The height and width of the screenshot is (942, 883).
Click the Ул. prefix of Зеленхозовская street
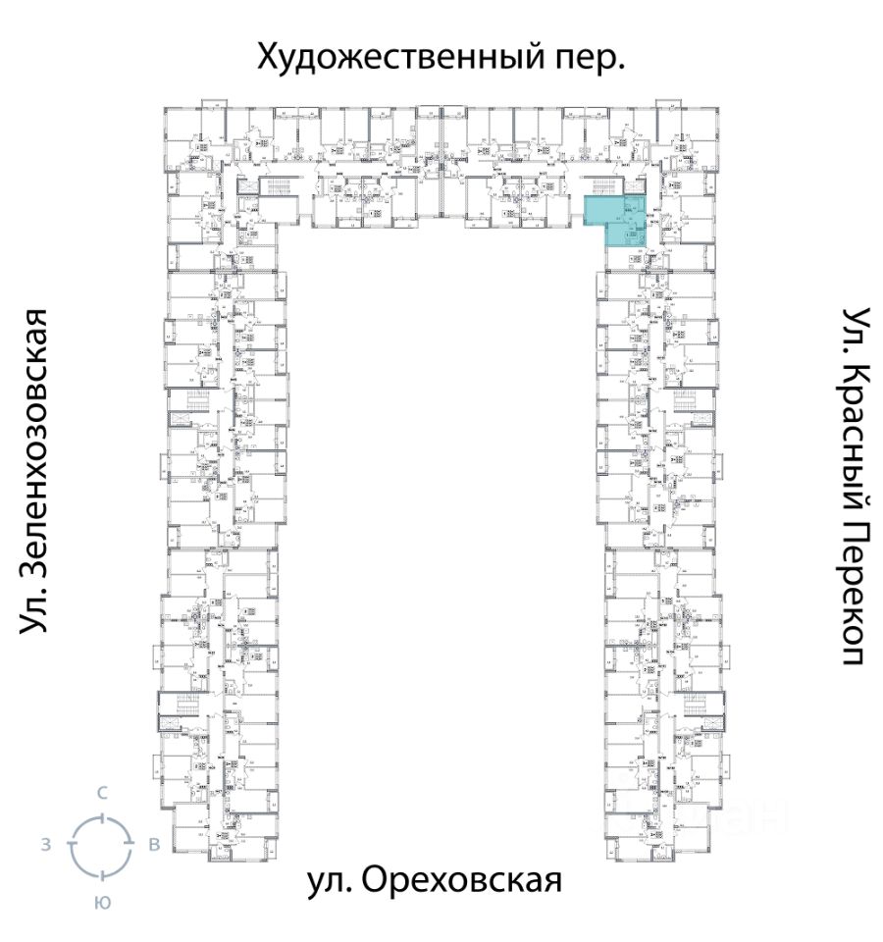tap(36, 613)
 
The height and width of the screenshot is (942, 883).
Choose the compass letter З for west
tap(46, 844)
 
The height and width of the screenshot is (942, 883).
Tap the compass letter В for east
tap(154, 844)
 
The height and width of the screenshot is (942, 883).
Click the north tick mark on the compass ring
tap(101, 816)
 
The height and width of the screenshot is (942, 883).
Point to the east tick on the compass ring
tap(130, 845)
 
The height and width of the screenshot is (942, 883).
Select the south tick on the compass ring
tap(101, 874)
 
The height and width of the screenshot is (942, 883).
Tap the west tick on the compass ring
tap(72, 845)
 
